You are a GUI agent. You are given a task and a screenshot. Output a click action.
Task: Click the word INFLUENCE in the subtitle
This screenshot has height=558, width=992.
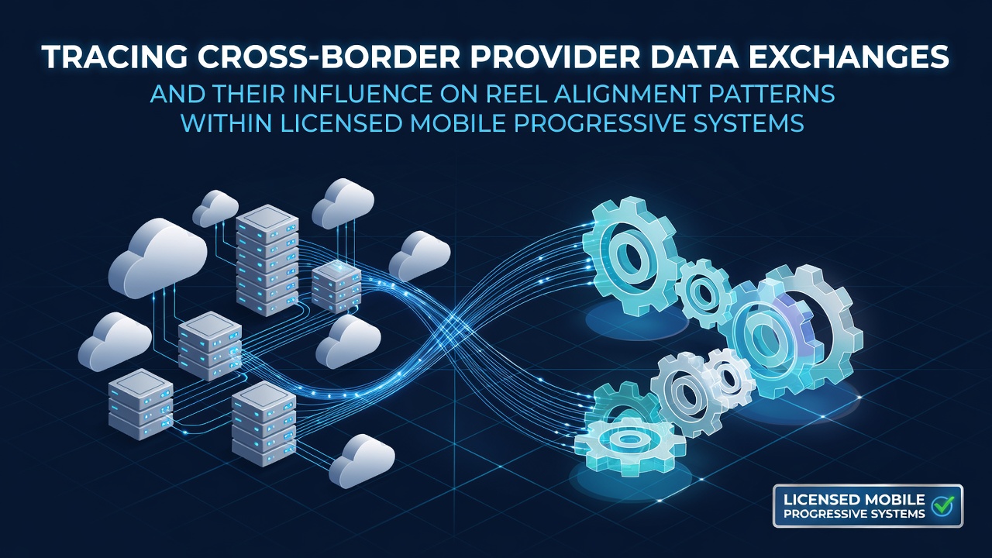click(x=363, y=94)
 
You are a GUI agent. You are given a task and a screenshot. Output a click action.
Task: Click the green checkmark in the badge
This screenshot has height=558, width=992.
click(x=942, y=505)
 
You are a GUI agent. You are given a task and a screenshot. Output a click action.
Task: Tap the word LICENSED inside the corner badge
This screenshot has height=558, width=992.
click(x=816, y=500)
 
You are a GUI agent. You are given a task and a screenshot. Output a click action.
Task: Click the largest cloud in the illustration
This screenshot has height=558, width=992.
click(x=157, y=258)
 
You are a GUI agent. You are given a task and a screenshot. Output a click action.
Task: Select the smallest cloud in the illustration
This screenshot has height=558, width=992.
click(x=215, y=208)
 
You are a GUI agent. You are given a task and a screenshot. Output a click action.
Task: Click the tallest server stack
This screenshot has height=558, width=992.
click(x=267, y=260)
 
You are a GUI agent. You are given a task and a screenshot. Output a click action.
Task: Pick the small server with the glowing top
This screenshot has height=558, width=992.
click(x=336, y=287)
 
